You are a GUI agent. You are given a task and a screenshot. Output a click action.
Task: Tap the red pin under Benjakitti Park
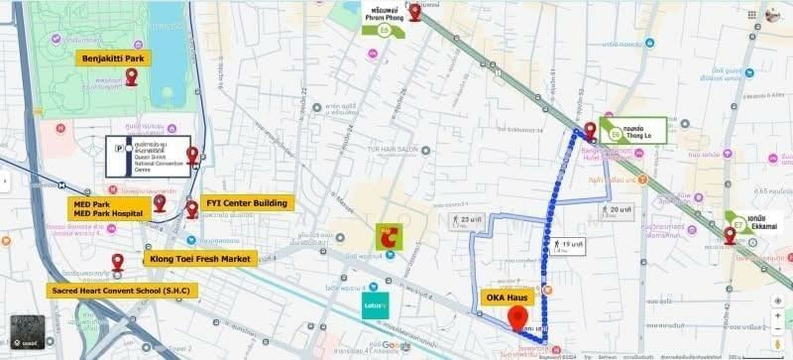[132, 76]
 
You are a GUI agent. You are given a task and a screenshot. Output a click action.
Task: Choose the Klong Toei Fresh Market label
[201, 259]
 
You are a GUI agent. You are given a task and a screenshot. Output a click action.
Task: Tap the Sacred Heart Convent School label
[123, 291]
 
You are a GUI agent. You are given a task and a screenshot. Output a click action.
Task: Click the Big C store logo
[393, 236]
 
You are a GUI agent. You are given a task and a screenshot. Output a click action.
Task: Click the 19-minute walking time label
[568, 245]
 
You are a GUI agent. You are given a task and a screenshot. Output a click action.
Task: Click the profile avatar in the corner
[773, 15]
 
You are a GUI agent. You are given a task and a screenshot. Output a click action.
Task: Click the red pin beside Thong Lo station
[590, 130]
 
